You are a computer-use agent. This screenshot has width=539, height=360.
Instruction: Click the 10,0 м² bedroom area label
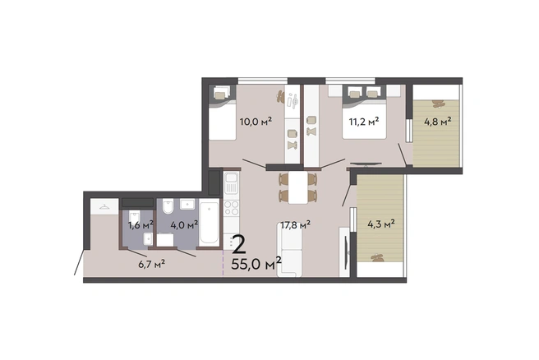[x=256, y=122]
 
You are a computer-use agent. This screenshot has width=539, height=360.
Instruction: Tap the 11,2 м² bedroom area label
[x=364, y=122]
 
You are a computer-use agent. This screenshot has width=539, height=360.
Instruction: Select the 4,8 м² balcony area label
[x=438, y=122]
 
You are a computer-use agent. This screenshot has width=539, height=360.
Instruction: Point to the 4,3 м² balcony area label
[x=381, y=224]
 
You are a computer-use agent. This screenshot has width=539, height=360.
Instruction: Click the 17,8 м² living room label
[x=296, y=225]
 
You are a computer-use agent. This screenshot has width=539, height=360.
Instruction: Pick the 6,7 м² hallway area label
[x=151, y=264]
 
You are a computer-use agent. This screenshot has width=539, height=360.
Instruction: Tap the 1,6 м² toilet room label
[x=141, y=225]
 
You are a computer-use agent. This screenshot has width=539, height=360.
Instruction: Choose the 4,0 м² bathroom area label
[x=184, y=225]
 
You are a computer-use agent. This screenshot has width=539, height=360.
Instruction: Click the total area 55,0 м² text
[x=256, y=264]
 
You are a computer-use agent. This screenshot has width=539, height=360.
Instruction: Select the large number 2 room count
[x=239, y=244]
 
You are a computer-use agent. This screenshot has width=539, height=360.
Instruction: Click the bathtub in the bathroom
[x=209, y=222]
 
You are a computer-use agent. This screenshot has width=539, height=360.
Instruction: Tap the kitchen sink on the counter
[x=231, y=183]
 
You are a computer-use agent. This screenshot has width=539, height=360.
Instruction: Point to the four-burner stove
[x=231, y=208]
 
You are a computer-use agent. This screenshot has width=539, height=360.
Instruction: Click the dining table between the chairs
[x=298, y=187]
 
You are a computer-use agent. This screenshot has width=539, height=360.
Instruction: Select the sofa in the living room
[x=289, y=249]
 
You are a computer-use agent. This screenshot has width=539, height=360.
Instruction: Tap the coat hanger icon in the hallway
[x=104, y=206]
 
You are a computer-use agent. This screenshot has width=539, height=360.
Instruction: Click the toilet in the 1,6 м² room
[x=135, y=217]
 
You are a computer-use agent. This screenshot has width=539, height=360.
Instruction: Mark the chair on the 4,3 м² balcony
[x=377, y=257]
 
